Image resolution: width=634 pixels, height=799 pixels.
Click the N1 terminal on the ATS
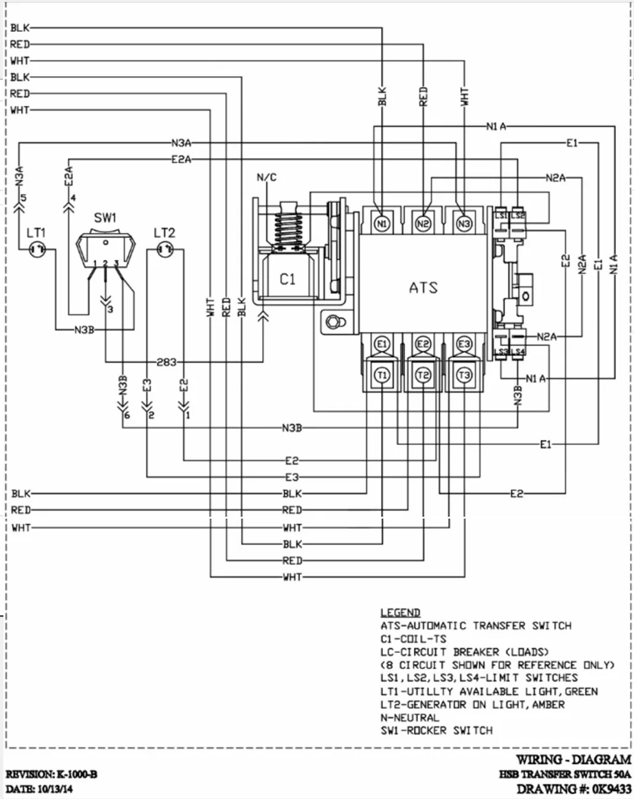382,224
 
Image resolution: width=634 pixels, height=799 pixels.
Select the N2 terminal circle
423,224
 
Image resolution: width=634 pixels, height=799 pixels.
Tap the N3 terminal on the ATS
464,224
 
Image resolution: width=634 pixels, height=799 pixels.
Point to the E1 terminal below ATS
382,344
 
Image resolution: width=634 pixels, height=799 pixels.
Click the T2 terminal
423,375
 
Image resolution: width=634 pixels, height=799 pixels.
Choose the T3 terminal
464,375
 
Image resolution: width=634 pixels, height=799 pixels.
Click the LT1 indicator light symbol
37,250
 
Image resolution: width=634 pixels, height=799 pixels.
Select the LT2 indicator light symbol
165,250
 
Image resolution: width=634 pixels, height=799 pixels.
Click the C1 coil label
288,279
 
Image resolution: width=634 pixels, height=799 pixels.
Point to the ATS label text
423,287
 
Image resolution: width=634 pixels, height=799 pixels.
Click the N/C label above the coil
266,178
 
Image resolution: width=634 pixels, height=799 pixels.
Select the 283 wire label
166,362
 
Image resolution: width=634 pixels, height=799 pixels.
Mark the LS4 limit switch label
519,352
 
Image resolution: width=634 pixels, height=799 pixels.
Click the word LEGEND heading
400,612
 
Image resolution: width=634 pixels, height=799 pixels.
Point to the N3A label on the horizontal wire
181,143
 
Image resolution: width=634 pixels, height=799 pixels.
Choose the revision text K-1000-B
76,774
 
